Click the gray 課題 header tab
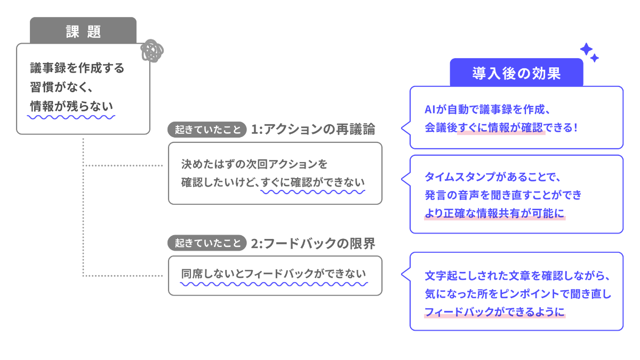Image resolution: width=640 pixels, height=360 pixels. (x=83, y=31)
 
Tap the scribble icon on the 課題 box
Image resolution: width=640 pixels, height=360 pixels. (x=151, y=51)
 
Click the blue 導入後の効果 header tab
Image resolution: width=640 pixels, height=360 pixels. (x=516, y=73)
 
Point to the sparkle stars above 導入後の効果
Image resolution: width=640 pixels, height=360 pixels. (x=589, y=52)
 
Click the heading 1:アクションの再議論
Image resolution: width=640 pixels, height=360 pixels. (x=313, y=130)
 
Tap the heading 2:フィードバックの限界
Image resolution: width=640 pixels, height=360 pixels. (x=313, y=243)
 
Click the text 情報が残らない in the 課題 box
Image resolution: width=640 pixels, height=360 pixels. (x=72, y=106)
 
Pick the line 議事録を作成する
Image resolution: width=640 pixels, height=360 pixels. (x=77, y=68)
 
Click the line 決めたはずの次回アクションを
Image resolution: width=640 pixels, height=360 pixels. (x=254, y=163)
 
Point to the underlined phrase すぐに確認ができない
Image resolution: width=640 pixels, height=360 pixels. (x=313, y=182)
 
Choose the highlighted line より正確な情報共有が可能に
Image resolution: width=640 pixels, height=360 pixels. (x=494, y=213)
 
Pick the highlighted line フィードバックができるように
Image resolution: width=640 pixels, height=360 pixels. (x=494, y=313)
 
